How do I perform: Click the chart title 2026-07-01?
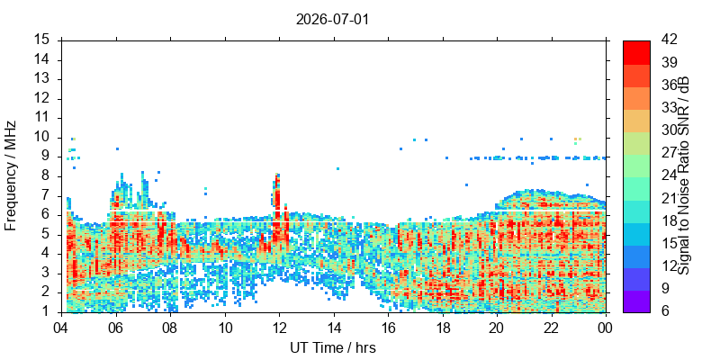[x=332, y=20]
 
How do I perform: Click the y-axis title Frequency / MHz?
[x=10, y=175]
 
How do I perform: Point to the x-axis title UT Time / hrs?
[x=333, y=348]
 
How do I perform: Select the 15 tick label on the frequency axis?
[x=44, y=40]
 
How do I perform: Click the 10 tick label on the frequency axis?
[x=44, y=138]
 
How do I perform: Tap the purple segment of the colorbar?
[x=636, y=301]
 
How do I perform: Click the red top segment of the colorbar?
[x=636, y=52]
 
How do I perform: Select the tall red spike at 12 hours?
[x=277, y=197]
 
